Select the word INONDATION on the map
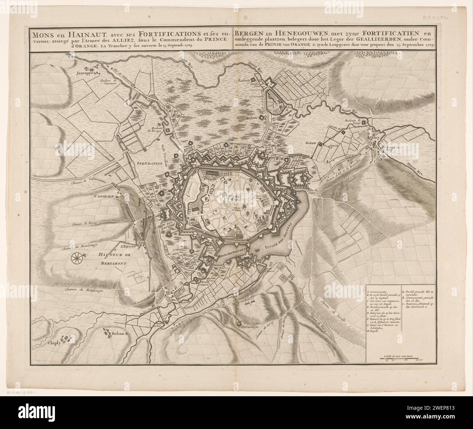click(149, 164)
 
